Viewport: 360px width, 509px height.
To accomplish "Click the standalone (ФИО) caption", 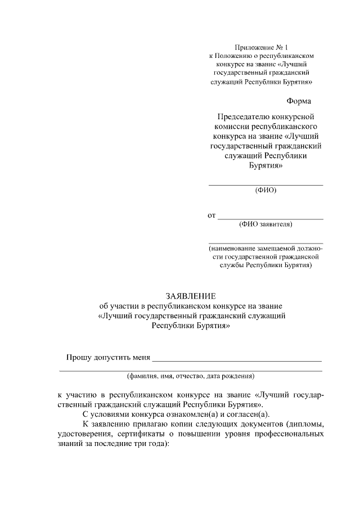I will click(265, 190).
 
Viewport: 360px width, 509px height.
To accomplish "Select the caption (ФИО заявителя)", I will click(265, 224).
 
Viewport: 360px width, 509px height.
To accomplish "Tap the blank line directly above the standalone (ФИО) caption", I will click(265, 184).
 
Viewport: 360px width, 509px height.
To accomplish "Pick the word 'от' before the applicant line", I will click(212, 215).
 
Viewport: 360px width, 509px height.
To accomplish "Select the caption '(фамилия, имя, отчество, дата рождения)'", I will click(191, 376).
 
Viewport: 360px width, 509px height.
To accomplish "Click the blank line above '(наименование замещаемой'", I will click(265, 242).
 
